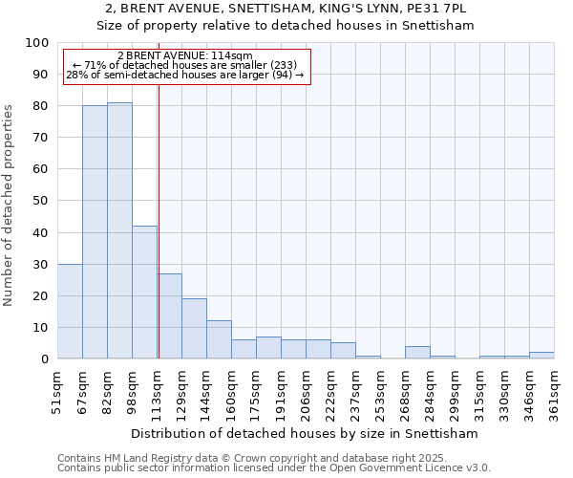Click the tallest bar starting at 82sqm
[119, 230]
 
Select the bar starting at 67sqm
[95, 232]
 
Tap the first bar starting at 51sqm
[70, 312]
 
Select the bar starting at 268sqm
[417, 353]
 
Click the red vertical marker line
[159, 220]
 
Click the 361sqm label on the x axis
[555, 392]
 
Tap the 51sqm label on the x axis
[58, 392]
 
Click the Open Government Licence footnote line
[274, 468]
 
